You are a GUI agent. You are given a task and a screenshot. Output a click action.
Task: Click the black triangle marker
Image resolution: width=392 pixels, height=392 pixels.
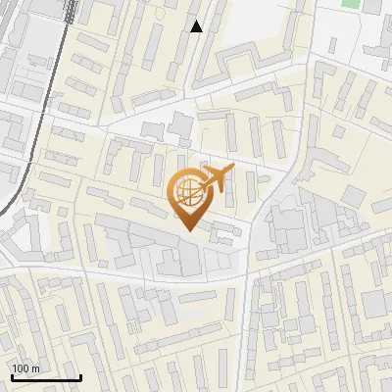tap(196, 26)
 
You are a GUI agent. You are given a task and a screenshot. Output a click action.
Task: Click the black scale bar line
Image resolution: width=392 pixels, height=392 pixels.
tap(46, 377)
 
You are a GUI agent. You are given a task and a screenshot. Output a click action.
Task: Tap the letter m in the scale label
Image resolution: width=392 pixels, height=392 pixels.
tap(36, 369)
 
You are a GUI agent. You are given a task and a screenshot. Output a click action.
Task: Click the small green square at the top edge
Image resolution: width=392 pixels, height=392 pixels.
tap(350, 3)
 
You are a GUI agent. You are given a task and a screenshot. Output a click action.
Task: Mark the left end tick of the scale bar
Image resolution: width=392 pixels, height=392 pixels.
tap(12, 376)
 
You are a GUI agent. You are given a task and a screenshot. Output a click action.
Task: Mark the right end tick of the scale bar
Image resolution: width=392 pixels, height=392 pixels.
tap(80, 376)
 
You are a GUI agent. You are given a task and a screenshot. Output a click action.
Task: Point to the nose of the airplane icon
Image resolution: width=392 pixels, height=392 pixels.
tap(233, 171)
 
